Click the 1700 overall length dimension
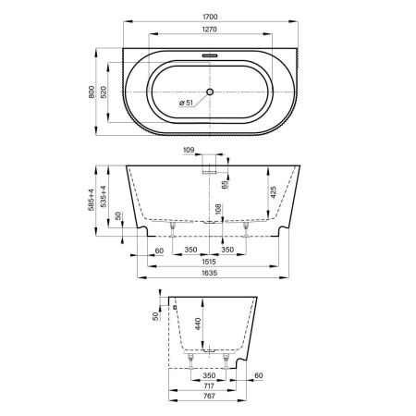(x=210, y=17)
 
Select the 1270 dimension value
(x=210, y=30)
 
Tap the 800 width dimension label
(x=92, y=92)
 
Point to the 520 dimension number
(x=104, y=92)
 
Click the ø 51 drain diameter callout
(x=186, y=103)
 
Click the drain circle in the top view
(x=210, y=92)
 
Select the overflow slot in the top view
(x=210, y=55)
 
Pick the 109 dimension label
(x=189, y=150)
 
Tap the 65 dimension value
(x=226, y=185)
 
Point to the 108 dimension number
(x=218, y=209)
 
